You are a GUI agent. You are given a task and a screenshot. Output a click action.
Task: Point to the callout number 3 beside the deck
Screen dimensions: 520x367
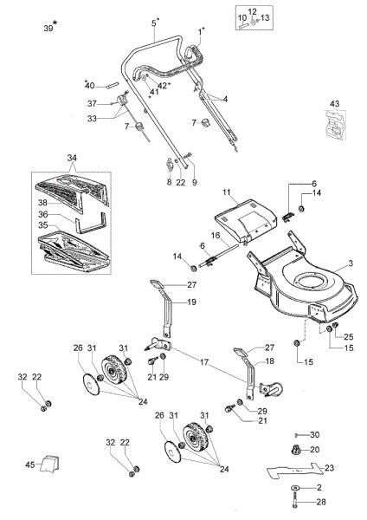click(x=350, y=262)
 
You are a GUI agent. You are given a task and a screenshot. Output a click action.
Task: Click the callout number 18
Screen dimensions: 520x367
click(x=269, y=360)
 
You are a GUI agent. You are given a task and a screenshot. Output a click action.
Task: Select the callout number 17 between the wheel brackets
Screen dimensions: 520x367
click(x=204, y=361)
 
